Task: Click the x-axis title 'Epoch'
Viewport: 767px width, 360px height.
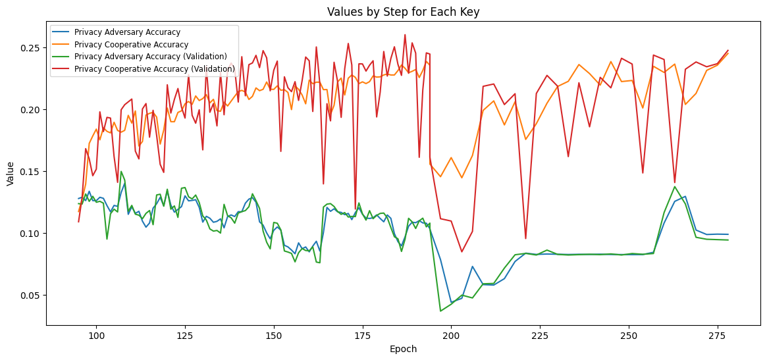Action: pyautogui.click(x=403, y=349)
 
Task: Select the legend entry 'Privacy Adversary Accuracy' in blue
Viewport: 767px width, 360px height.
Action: pyautogui.click(x=127, y=32)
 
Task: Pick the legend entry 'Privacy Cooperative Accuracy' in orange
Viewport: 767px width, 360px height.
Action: pyautogui.click(x=132, y=44)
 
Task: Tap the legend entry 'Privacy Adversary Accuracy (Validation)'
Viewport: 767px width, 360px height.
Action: pyautogui.click(x=151, y=57)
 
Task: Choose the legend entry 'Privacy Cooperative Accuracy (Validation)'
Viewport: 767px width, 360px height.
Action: pyautogui.click(x=155, y=68)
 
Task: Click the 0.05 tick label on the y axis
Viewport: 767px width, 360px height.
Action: pyautogui.click(x=30, y=295)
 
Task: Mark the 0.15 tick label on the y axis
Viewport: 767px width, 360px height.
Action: pyautogui.click(x=30, y=172)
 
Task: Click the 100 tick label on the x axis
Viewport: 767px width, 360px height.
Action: pyautogui.click(x=97, y=336)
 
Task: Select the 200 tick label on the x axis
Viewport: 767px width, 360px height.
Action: pyautogui.click(x=451, y=336)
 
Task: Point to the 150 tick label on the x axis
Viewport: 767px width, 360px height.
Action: pyautogui.click(x=274, y=336)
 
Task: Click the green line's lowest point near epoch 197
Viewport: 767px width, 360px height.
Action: pyautogui.click(x=440, y=311)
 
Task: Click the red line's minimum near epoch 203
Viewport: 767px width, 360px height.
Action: pyautogui.click(x=462, y=251)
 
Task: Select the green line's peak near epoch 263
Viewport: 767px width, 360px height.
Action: pyautogui.click(x=675, y=187)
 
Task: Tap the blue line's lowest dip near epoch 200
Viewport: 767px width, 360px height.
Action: pyautogui.click(x=451, y=303)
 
